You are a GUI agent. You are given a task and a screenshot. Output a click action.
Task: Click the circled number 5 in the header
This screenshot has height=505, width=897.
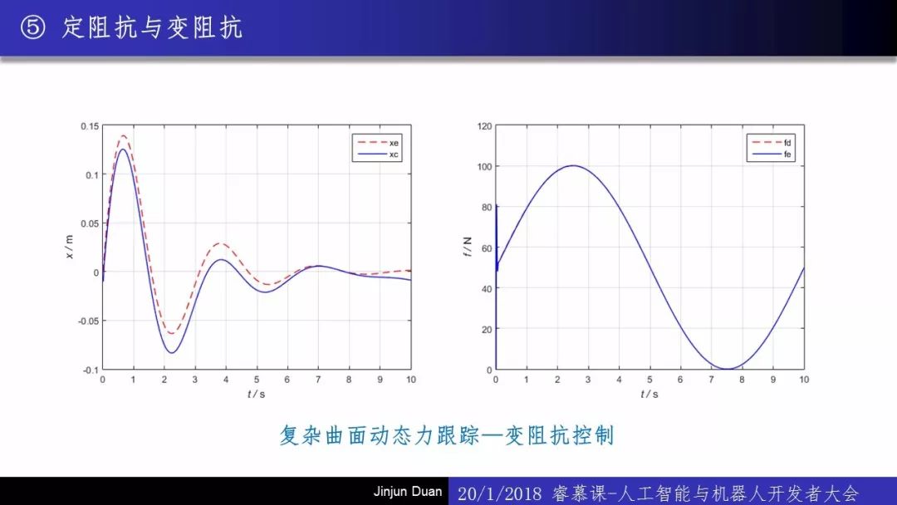click(32, 27)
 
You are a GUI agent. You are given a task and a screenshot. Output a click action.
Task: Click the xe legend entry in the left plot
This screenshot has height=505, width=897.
click(378, 142)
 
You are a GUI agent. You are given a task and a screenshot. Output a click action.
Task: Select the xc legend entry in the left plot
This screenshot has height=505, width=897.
click(378, 154)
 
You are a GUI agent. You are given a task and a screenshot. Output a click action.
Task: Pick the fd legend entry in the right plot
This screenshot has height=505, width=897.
click(771, 142)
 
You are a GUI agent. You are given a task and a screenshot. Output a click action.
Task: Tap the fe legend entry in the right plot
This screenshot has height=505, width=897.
click(771, 154)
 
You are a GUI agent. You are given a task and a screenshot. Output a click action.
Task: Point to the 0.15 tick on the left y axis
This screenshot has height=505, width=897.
click(89, 125)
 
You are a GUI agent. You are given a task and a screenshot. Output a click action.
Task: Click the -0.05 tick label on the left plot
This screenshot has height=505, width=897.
click(88, 321)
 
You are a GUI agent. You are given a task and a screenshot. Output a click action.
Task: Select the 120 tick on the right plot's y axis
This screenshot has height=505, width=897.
click(484, 125)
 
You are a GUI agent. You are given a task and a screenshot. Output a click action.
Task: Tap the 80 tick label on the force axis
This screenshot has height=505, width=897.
click(487, 207)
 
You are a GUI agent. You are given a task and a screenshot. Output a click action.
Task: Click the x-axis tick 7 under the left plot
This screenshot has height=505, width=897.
click(318, 380)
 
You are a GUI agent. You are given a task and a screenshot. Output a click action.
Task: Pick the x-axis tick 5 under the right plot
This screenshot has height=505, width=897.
click(649, 380)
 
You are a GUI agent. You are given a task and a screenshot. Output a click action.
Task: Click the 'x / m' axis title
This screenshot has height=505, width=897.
click(69, 247)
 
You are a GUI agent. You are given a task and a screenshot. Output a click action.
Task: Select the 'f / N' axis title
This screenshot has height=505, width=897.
click(468, 247)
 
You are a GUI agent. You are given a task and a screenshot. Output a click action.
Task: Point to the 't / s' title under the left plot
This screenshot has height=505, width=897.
click(257, 394)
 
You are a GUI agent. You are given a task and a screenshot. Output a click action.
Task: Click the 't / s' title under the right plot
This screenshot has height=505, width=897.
click(649, 394)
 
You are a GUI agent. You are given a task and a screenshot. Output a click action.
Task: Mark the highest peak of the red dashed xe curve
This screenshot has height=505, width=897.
click(124, 135)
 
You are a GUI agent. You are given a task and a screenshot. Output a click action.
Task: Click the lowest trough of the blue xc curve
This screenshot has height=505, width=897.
click(171, 353)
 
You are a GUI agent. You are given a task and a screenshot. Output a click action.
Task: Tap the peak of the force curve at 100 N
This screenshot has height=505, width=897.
click(573, 166)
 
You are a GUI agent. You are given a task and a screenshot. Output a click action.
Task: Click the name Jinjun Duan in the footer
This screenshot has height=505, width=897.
click(407, 491)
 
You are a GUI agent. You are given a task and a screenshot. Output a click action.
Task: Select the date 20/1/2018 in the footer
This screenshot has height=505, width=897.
click(499, 493)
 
